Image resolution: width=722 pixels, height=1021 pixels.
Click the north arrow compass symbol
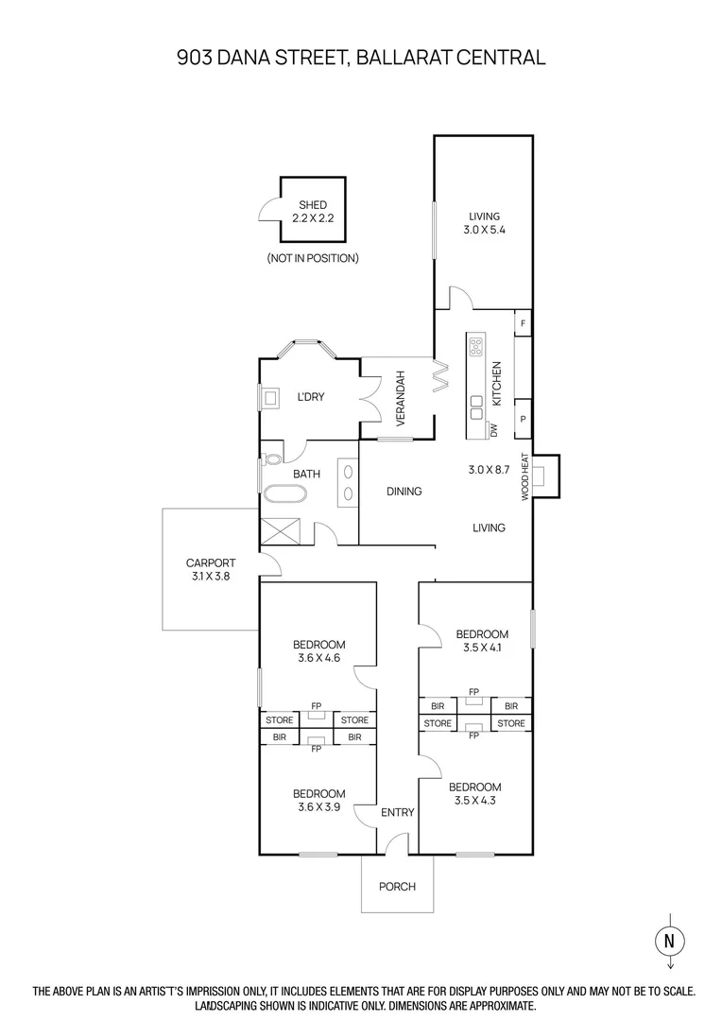click(x=669, y=941)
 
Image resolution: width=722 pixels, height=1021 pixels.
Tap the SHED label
click(x=313, y=204)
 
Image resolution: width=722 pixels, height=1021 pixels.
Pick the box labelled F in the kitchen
click(x=523, y=323)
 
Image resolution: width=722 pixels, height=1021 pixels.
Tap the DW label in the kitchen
click(x=493, y=430)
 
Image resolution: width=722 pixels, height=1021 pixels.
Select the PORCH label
click(x=397, y=886)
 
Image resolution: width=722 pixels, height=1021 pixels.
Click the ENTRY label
click(x=397, y=812)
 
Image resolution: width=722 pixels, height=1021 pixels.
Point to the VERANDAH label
click(x=400, y=398)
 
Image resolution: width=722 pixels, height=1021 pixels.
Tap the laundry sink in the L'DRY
click(x=270, y=398)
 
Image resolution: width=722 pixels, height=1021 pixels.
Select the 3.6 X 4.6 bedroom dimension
click(x=318, y=659)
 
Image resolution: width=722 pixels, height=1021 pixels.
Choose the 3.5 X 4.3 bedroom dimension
click(x=475, y=801)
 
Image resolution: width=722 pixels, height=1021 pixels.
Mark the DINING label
click(x=404, y=492)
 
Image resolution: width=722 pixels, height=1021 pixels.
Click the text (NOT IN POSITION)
click(x=313, y=258)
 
